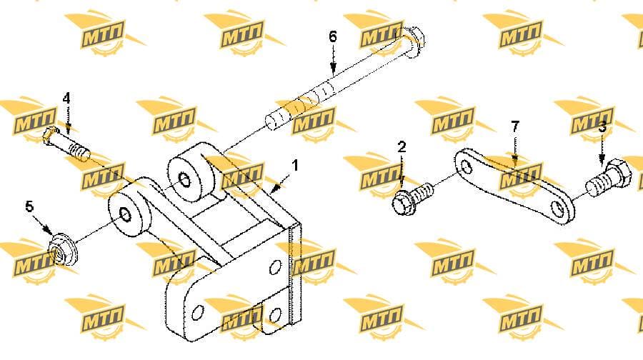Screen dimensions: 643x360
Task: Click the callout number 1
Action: click(x=295, y=166)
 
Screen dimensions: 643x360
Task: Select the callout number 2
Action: click(x=402, y=147)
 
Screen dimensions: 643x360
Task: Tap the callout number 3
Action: click(x=602, y=128)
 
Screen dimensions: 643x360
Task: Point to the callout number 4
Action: click(x=66, y=99)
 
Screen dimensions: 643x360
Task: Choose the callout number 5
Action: click(x=29, y=206)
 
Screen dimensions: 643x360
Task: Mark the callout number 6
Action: click(x=333, y=37)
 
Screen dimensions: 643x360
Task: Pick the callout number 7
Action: click(x=515, y=126)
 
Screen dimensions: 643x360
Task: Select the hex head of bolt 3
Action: click(x=617, y=174)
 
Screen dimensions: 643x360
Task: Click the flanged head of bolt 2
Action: click(x=403, y=203)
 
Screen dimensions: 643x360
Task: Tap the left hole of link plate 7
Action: click(x=467, y=166)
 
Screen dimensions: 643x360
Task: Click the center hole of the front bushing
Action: click(x=124, y=215)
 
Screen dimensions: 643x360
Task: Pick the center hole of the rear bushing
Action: click(x=184, y=181)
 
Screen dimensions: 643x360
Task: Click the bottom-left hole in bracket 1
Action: click(x=198, y=313)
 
